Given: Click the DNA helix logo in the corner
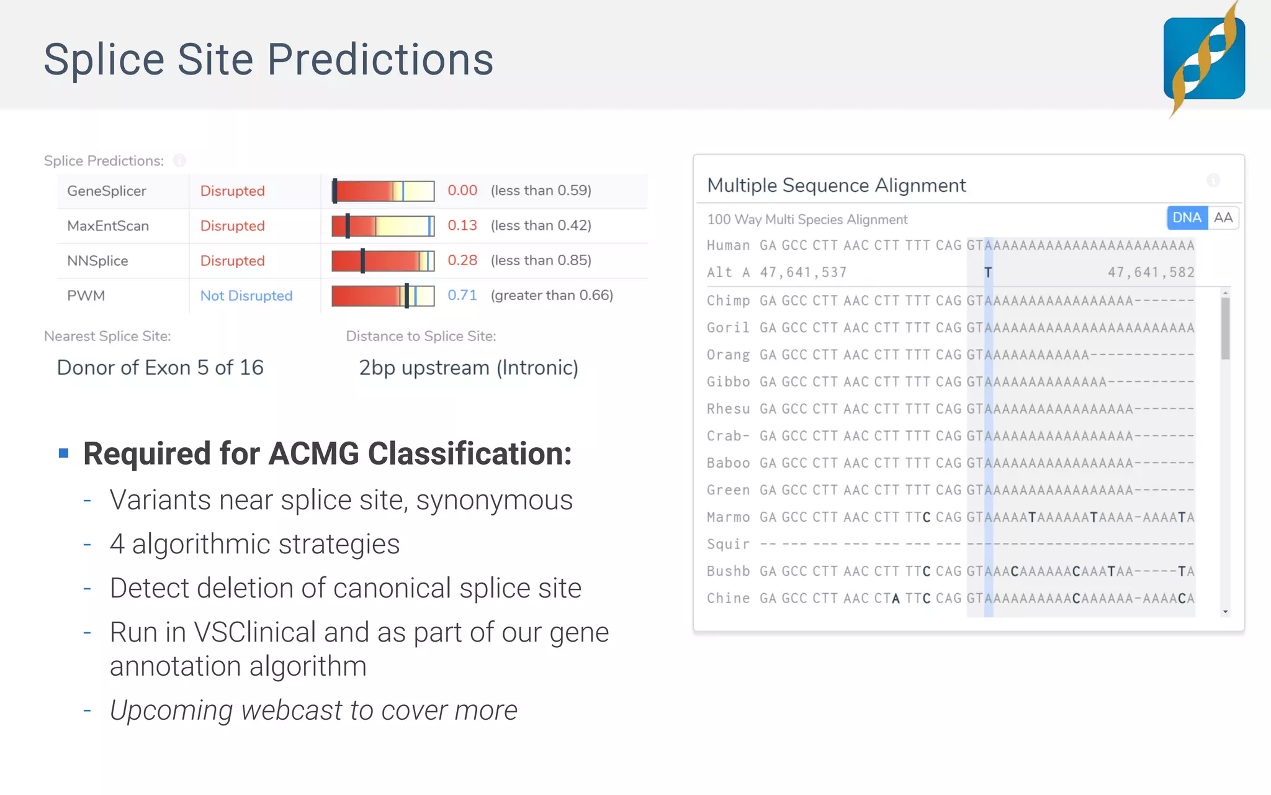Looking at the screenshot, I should pyautogui.click(x=1204, y=59).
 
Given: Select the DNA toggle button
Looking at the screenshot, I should pyautogui.click(x=1187, y=218).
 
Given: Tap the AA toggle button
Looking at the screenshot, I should pyautogui.click(x=1223, y=218).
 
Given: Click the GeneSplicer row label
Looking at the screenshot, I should pyautogui.click(x=107, y=191).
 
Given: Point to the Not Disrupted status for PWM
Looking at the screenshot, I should pyautogui.click(x=246, y=296).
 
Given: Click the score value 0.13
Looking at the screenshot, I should pyautogui.click(x=462, y=225).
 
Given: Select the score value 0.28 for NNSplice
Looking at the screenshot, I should pyautogui.click(x=462, y=260).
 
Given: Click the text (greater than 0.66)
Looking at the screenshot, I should pyautogui.click(x=552, y=296).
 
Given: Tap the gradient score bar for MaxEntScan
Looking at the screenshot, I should pyautogui.click(x=383, y=226).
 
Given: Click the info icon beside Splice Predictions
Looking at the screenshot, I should pyautogui.click(x=179, y=161).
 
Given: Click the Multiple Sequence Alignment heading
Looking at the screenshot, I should pyautogui.click(x=836, y=185).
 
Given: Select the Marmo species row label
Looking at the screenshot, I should pyautogui.click(x=728, y=517).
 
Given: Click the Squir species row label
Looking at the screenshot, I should pyautogui.click(x=728, y=545).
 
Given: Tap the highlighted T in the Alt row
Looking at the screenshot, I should pyautogui.click(x=988, y=273).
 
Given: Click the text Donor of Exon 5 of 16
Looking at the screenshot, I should pyautogui.click(x=160, y=368).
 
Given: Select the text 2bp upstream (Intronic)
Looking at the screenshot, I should pyautogui.click(x=469, y=368).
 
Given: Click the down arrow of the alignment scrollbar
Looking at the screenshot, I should pyautogui.click(x=1225, y=612).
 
